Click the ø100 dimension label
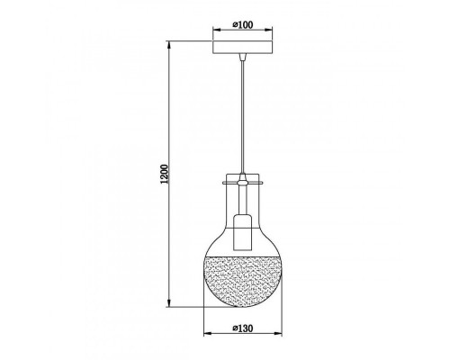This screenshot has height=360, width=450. [x=243, y=24]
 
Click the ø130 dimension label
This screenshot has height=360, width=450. [x=243, y=328]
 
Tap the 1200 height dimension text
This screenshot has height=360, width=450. [x=165, y=174]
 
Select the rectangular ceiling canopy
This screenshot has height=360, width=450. [x=243, y=47]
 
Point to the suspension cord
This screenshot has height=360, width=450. [x=243, y=117]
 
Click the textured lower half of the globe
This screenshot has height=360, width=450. [x=243, y=281]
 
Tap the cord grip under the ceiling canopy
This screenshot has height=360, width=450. [x=243, y=57]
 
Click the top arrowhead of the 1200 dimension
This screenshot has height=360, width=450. [x=169, y=44]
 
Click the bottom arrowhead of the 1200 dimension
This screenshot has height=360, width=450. [x=169, y=303]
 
